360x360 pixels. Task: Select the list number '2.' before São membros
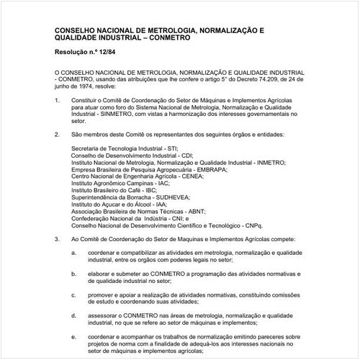point(58,134)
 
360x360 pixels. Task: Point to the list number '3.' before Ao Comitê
point(58,237)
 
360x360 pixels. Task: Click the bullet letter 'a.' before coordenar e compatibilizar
point(74,253)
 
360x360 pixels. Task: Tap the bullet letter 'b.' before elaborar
point(74,274)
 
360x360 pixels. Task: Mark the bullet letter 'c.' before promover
point(74,294)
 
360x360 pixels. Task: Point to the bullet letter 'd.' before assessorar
point(74,315)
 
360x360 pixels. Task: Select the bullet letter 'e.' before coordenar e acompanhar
point(74,336)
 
